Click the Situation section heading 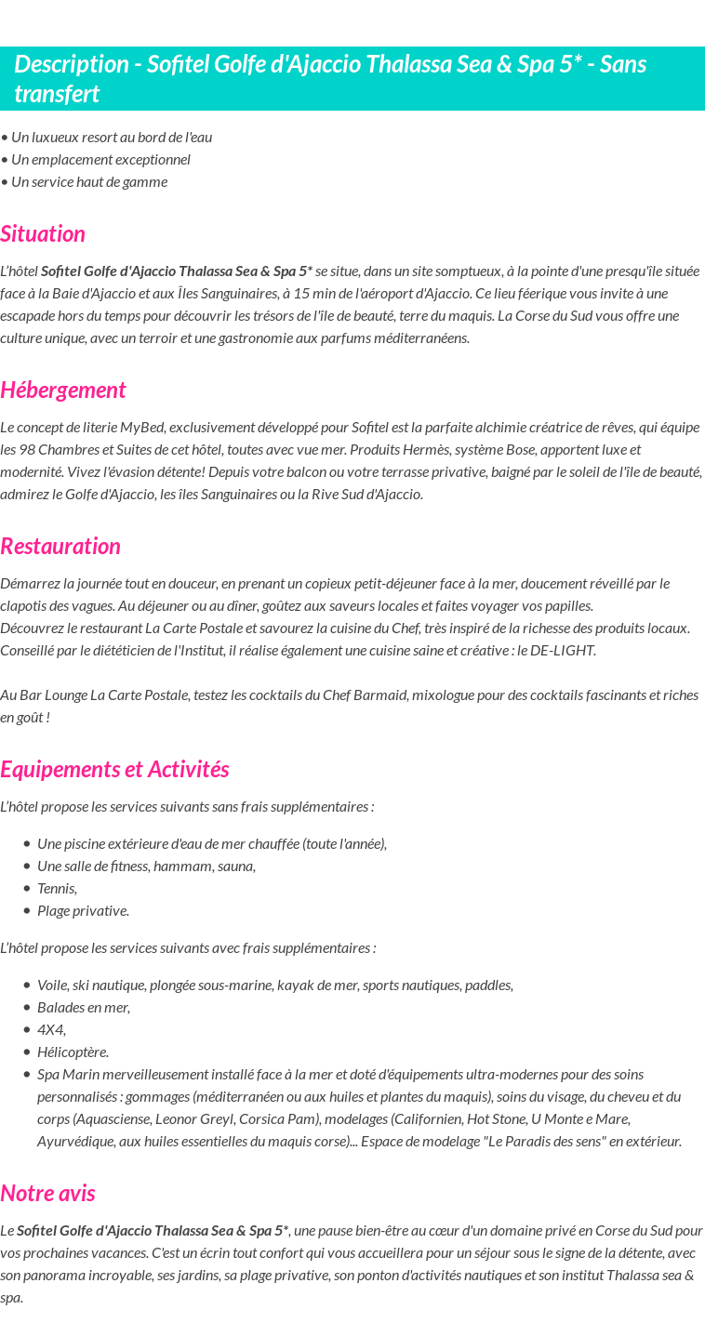tap(43, 233)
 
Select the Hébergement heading tap(62, 390)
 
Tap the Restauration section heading tap(60, 546)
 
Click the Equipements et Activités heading tap(114, 769)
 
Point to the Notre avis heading tap(47, 1193)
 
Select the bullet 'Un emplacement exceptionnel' tap(100, 159)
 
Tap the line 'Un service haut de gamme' tap(89, 181)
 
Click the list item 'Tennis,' tap(57, 888)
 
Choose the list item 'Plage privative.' tap(83, 910)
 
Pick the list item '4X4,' tap(51, 1029)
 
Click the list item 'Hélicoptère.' tap(73, 1052)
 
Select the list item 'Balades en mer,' tap(84, 1007)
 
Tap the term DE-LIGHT tap(563, 650)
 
